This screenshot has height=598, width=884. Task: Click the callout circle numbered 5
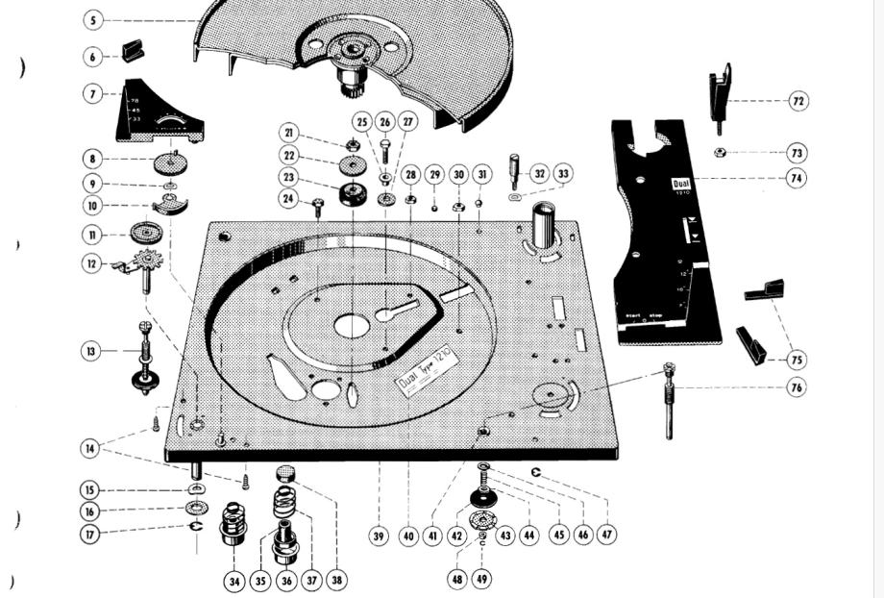pyautogui.click(x=92, y=19)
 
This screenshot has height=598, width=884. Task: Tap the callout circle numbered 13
pyautogui.click(x=90, y=351)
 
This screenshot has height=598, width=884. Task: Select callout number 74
pyautogui.click(x=797, y=178)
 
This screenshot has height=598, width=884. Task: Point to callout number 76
pyautogui.click(x=797, y=387)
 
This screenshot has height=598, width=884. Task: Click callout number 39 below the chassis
pyautogui.click(x=380, y=536)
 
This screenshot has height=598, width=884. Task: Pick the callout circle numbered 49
pyautogui.click(x=482, y=579)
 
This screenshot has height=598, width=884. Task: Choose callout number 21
pyautogui.click(x=290, y=133)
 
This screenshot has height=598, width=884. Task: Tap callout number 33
pyautogui.click(x=563, y=173)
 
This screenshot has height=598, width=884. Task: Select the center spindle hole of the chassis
pyautogui.click(x=352, y=326)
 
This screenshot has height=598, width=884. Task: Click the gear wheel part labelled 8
pyautogui.click(x=169, y=162)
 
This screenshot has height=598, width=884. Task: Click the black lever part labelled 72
pyautogui.click(x=721, y=92)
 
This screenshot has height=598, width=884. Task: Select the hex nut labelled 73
pyautogui.click(x=720, y=152)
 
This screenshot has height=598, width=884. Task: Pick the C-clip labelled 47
pyautogui.click(x=537, y=473)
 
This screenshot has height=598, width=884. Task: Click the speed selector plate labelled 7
pyautogui.click(x=159, y=114)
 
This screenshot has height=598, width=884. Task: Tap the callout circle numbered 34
pyautogui.click(x=234, y=581)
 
